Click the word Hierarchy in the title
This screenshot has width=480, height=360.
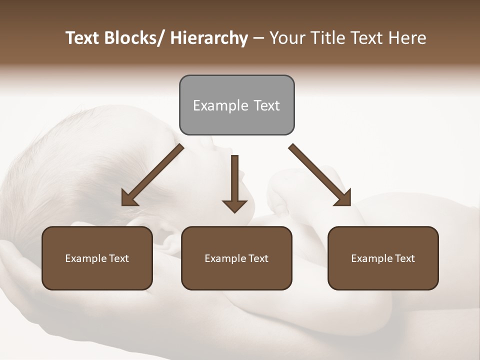[209, 38]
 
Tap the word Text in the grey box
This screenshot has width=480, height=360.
[266, 105]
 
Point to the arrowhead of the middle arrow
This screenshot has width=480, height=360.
[234, 205]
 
